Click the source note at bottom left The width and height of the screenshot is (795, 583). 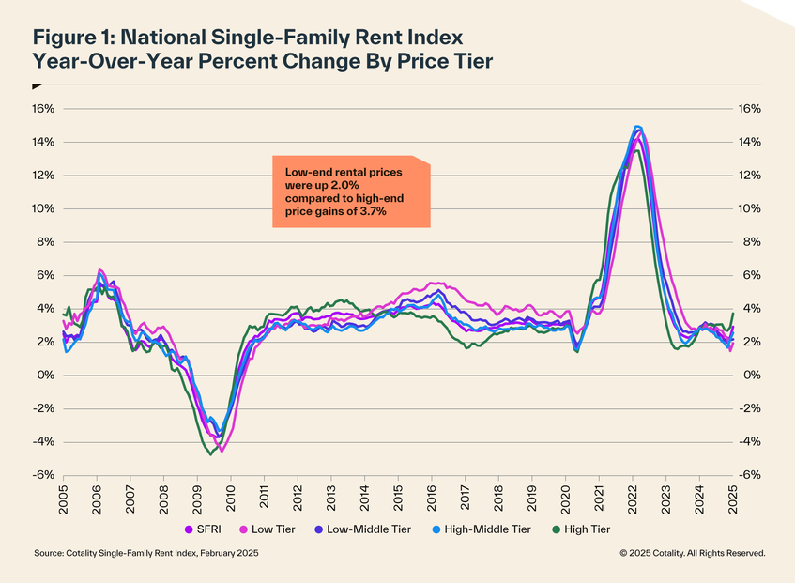145,554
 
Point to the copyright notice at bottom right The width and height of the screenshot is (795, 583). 692,554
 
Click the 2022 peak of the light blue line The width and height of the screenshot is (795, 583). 637,126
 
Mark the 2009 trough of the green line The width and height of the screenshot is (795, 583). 209,454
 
